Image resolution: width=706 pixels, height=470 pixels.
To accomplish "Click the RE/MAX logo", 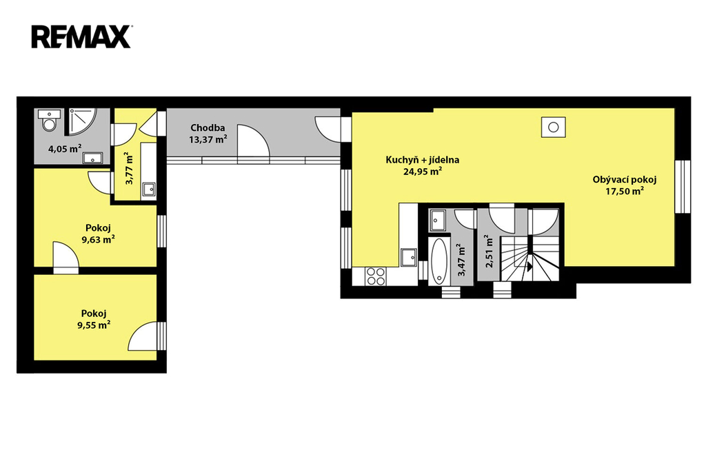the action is (x=81, y=37).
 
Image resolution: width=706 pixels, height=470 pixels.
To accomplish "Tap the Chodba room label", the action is (x=208, y=128).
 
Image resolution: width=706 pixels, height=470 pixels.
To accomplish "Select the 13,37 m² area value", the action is (x=208, y=139).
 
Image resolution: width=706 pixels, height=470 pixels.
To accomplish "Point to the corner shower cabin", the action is (x=81, y=121).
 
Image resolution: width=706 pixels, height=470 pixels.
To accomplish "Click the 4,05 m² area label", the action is (x=65, y=148).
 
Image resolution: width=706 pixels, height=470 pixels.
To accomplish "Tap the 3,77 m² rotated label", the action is (x=129, y=168).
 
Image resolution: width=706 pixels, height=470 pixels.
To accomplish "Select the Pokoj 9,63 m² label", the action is (x=98, y=234).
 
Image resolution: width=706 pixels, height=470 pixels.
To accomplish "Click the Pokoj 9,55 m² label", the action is (x=94, y=319).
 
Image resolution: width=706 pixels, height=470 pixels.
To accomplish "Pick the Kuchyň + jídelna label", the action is (x=423, y=160).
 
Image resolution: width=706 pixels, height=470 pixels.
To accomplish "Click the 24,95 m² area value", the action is (x=423, y=171).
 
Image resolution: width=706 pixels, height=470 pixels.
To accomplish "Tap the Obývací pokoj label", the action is (x=625, y=180).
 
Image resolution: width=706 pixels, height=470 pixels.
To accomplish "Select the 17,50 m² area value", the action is (x=625, y=191).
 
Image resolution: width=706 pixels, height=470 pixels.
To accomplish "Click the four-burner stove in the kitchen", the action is (x=376, y=276).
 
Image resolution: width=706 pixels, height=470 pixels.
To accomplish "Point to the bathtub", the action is (x=439, y=261).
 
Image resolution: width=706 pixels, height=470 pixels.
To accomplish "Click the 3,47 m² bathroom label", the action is (x=461, y=260).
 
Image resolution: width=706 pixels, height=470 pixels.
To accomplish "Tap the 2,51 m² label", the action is (x=489, y=252).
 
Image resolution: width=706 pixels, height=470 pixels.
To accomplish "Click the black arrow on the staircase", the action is (x=530, y=267).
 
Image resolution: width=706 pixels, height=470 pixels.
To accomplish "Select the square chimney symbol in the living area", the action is (x=554, y=127).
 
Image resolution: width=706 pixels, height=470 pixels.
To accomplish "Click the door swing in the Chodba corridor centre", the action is (x=254, y=141).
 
